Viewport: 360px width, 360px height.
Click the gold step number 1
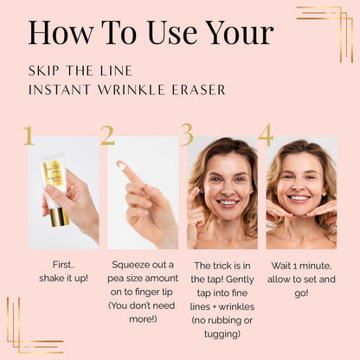29,135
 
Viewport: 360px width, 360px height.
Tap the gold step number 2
107,135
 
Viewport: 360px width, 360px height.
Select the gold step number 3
187,135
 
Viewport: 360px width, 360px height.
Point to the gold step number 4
266,135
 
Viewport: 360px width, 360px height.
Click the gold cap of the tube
59,216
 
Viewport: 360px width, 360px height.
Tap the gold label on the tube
53,173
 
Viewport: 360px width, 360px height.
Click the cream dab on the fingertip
121,165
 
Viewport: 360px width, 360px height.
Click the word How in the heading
61,32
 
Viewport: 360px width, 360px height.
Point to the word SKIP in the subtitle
44,71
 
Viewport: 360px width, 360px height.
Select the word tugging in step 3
222,334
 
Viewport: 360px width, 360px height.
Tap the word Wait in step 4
280,266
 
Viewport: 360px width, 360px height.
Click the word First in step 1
62,265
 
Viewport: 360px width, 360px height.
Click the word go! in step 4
301,293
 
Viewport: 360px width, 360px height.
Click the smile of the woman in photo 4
299,198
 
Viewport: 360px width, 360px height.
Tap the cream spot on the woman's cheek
209,190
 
